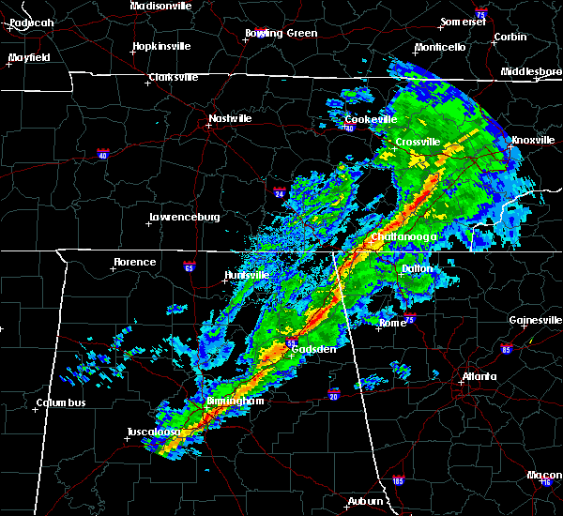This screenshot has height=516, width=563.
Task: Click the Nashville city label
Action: (230, 119)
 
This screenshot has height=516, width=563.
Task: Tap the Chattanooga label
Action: (403, 237)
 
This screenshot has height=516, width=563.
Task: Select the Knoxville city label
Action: (532, 141)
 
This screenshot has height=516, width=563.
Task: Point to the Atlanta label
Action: (479, 377)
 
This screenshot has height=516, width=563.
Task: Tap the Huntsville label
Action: (248, 275)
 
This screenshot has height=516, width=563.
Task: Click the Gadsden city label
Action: (314, 349)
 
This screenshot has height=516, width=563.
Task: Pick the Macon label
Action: (544, 475)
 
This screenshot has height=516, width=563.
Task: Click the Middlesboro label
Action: (531, 71)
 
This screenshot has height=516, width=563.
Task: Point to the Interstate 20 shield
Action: (333, 392)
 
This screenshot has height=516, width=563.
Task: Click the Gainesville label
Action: (535, 320)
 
